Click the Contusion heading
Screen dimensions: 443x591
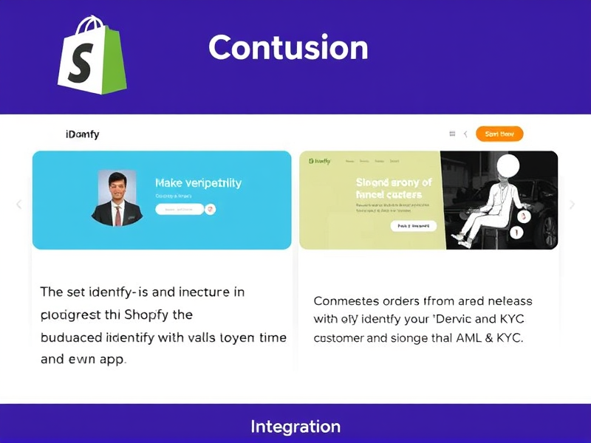[288, 48]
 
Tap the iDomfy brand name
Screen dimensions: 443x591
[82, 134]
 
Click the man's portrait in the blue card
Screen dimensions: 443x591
[117, 198]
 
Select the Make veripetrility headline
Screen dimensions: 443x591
[198, 182]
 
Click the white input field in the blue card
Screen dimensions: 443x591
[179, 210]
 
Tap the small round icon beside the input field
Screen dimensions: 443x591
[211, 210]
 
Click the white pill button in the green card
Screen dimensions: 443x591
[413, 226]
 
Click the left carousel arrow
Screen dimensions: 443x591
[19, 205]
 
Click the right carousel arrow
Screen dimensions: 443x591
[572, 205]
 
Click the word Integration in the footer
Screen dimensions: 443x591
[295, 426]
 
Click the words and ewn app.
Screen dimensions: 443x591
[83, 360]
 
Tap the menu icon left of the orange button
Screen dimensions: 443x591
[452, 134]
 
